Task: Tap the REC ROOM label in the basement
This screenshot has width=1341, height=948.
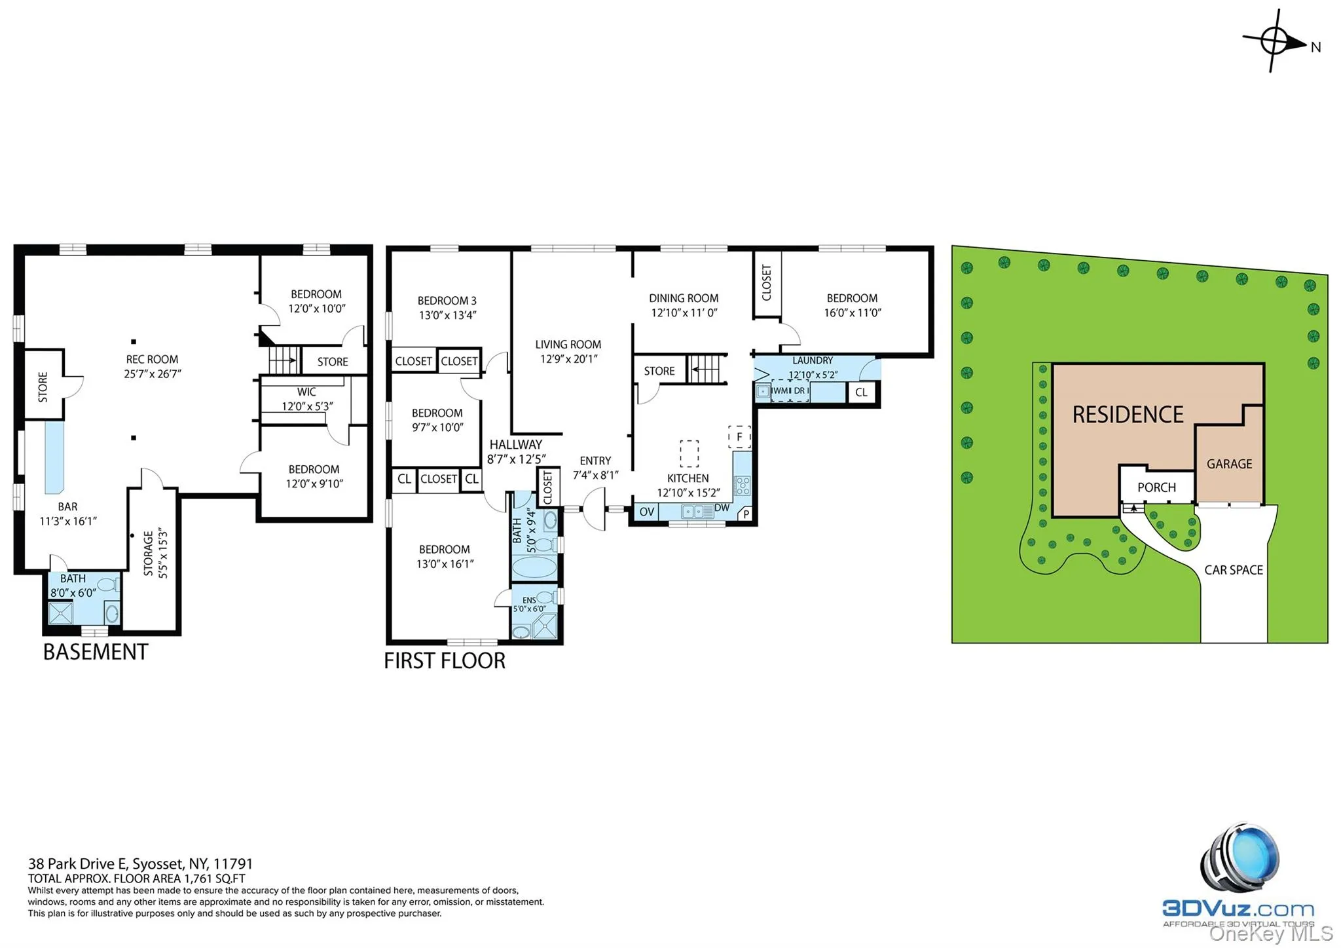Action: coord(152,360)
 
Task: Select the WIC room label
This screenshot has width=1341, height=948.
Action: coord(306,392)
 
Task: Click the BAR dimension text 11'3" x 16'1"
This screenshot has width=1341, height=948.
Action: coord(68,521)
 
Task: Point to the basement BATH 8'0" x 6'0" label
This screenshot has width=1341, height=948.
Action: coord(73,586)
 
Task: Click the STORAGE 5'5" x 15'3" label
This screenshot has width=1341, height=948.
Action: coord(155,554)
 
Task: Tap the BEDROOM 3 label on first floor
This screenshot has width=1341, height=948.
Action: coord(447,301)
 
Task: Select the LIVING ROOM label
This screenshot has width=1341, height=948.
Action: coord(568,345)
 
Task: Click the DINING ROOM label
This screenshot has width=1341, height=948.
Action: coord(684,299)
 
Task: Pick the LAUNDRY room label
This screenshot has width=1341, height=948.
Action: coord(812,361)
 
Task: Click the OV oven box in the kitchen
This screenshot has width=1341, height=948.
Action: coord(646,512)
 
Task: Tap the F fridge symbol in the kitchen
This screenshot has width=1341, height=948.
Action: coord(739,437)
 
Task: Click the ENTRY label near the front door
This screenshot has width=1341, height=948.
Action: coord(595,461)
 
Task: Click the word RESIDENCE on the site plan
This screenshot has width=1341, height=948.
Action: coord(1128,415)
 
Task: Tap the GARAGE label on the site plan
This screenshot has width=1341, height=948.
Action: coord(1229,465)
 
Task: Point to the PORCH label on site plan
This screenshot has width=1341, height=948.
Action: coord(1156,488)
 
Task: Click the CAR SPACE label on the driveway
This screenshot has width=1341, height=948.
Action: coord(1234,571)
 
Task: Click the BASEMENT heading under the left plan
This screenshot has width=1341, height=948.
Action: coord(96,653)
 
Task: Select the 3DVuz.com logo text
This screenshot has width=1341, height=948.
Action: coord(1238,909)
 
